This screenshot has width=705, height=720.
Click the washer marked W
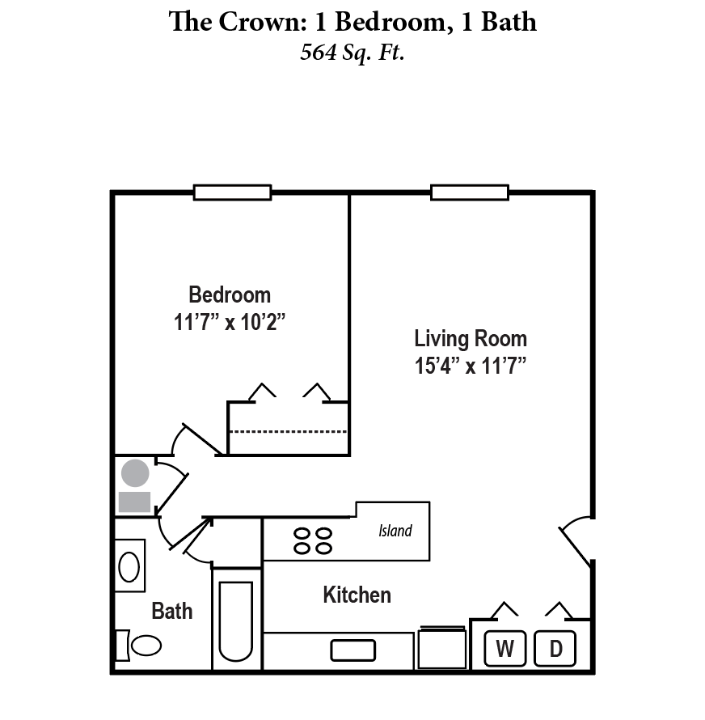[x=505, y=648]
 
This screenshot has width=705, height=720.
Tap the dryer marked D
[x=555, y=648]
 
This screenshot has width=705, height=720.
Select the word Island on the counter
[x=395, y=531]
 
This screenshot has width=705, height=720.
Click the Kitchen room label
[x=357, y=595]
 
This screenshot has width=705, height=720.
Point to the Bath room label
[x=172, y=611]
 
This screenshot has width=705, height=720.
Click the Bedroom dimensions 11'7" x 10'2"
[x=230, y=322]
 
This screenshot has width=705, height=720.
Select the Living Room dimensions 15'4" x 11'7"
[x=471, y=365]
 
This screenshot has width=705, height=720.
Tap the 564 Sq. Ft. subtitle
[x=352, y=53]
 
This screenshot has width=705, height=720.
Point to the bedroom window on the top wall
[x=232, y=193]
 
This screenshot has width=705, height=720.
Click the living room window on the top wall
[x=470, y=193]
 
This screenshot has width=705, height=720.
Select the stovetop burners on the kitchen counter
[x=313, y=541]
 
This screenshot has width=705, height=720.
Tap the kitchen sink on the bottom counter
[x=353, y=650]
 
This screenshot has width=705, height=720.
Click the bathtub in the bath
[x=236, y=620]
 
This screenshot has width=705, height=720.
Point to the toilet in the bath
[x=141, y=646]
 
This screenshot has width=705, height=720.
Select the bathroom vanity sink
[x=129, y=565]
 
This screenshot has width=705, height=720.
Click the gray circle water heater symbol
[x=135, y=472]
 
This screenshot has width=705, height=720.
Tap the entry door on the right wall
[x=577, y=540]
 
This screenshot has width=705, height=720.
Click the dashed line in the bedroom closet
[x=288, y=431]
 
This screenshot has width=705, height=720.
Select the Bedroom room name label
[x=230, y=294]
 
